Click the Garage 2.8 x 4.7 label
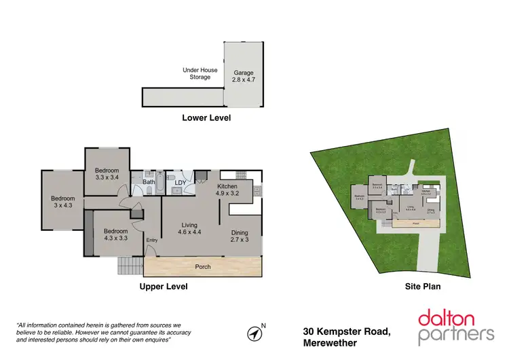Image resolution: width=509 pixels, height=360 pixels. [x=244, y=76]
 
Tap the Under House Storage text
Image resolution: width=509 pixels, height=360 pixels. [x=196, y=73]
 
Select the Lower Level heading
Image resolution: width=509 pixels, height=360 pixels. [x=206, y=118]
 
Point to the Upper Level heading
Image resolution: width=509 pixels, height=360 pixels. [x=164, y=287]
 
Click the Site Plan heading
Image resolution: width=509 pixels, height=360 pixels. [x=423, y=287]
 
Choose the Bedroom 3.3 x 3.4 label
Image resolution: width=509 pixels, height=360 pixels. [x=107, y=174]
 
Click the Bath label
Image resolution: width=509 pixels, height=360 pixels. [x=148, y=182]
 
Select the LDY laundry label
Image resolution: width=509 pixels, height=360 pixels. [x=181, y=182]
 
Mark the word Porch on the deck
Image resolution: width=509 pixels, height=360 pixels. [x=203, y=267]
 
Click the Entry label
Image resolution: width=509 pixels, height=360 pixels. [x=151, y=239]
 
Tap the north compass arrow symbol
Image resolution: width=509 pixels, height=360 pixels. [x=254, y=334]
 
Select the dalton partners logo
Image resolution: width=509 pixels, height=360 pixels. [x=455, y=326]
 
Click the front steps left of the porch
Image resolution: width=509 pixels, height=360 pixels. [x=128, y=265]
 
